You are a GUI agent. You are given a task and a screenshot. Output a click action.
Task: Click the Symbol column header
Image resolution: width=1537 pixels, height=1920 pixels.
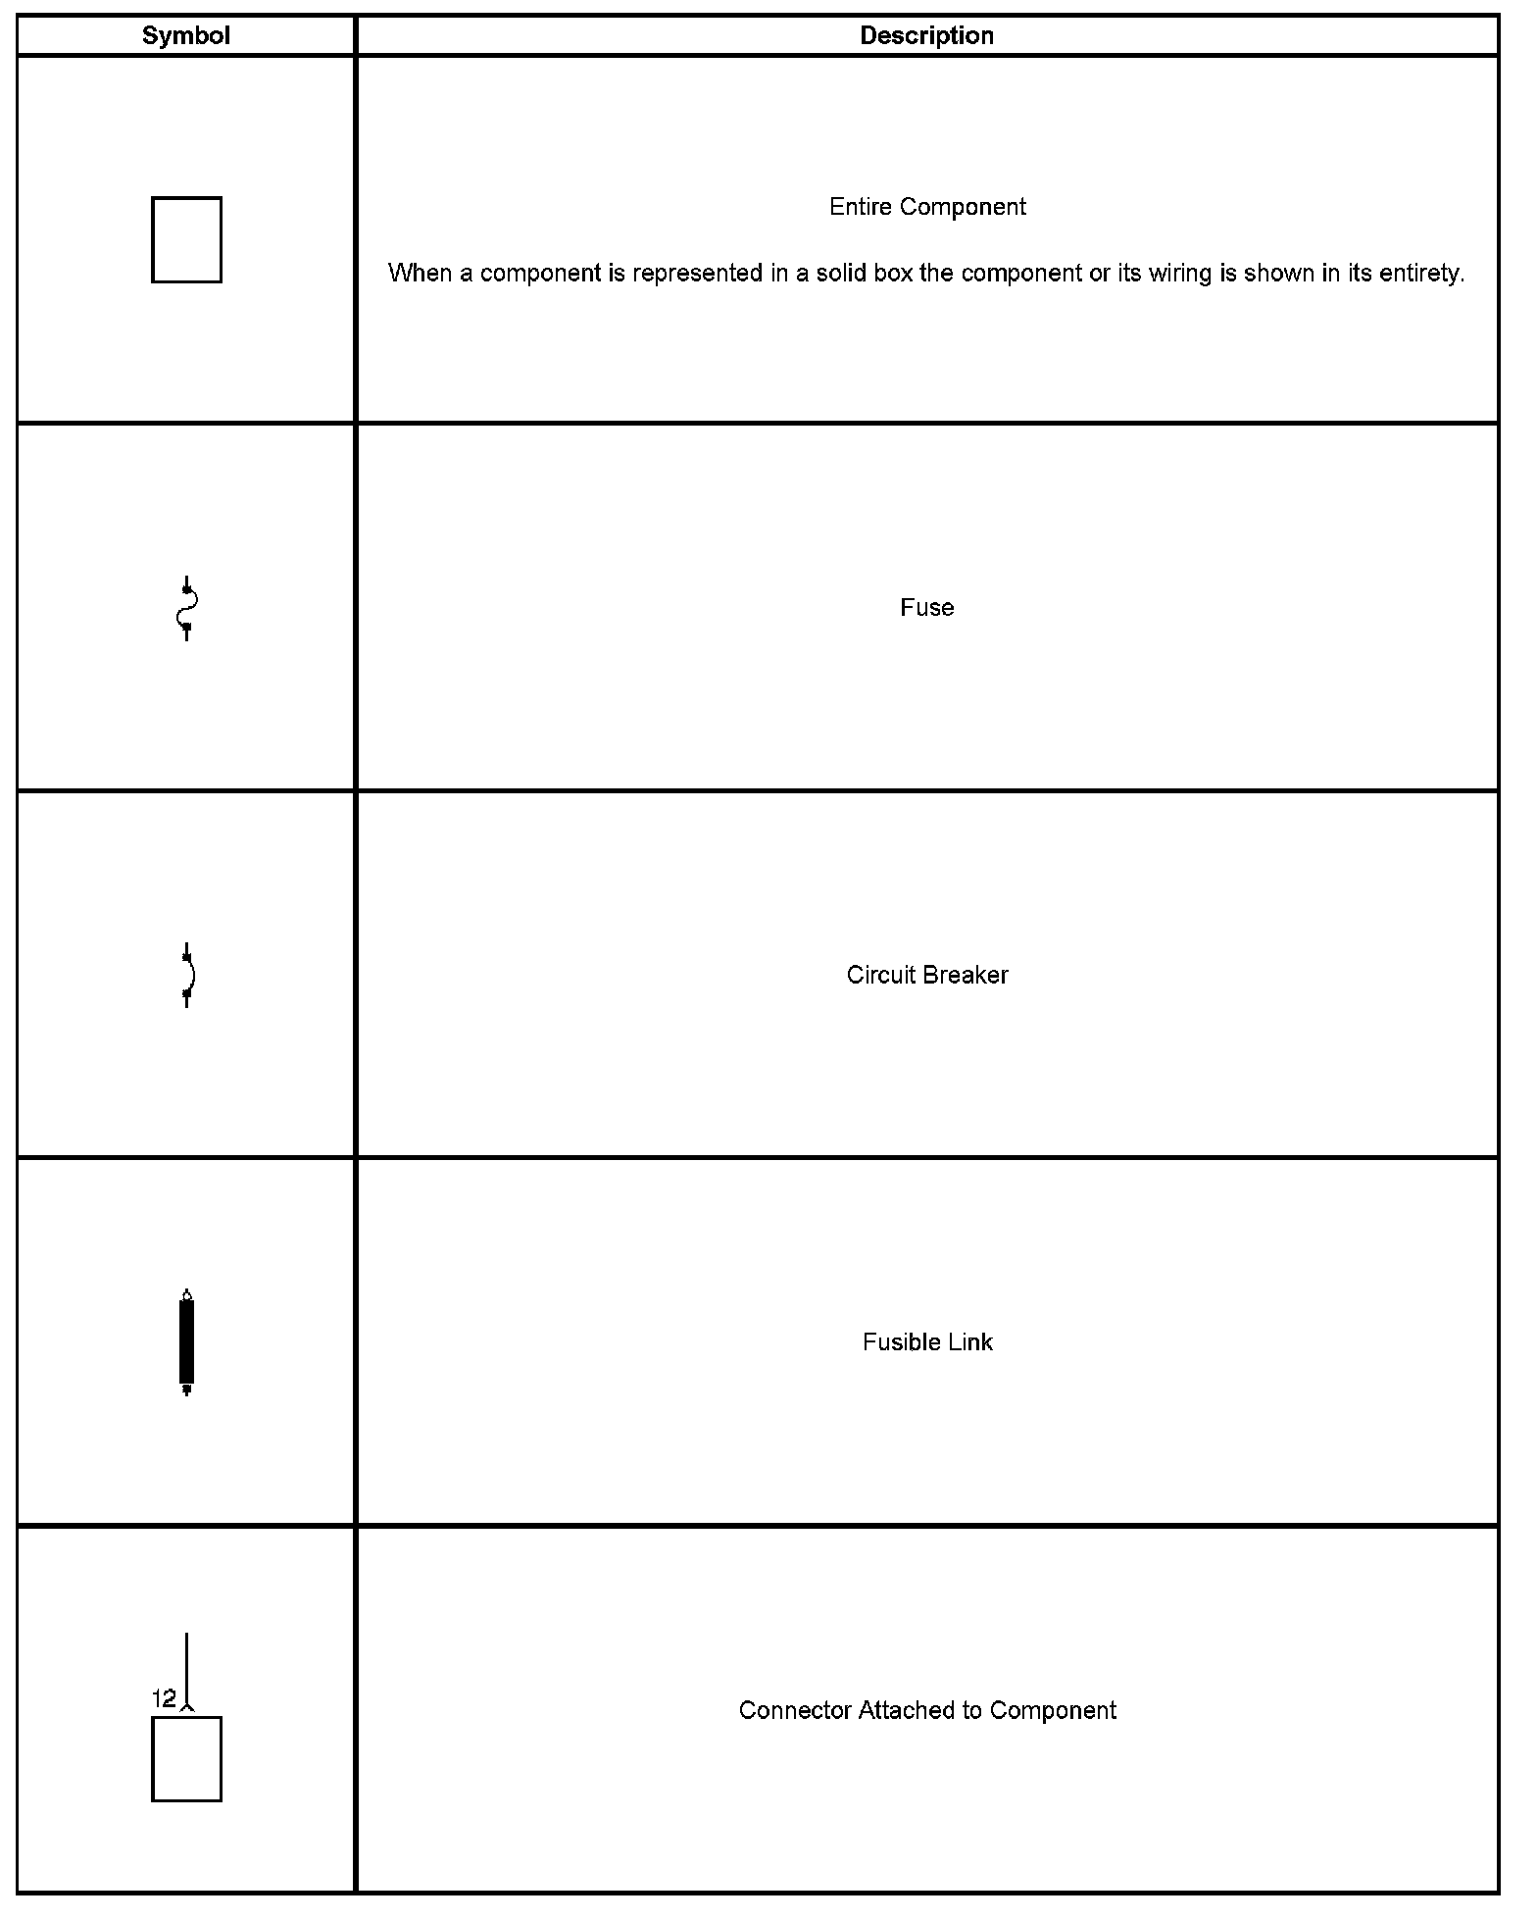[185, 36]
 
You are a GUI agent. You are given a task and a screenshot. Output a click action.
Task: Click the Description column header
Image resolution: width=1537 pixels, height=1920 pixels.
[926, 36]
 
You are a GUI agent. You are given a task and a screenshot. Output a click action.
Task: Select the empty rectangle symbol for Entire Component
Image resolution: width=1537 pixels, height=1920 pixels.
[186, 240]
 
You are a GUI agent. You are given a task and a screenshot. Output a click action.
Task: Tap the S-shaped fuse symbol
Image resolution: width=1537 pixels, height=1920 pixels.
[186, 608]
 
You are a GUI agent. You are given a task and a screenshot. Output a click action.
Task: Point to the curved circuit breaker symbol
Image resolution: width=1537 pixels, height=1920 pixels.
[187, 975]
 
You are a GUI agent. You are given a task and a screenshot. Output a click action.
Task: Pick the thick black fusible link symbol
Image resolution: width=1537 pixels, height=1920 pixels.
[186, 1341]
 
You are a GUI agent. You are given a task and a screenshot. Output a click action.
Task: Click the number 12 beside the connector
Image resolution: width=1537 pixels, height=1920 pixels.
[164, 1698]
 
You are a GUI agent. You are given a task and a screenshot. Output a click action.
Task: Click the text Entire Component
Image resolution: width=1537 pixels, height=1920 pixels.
[927, 207]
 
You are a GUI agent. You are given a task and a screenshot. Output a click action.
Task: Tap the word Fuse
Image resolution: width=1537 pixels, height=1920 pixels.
[926, 608]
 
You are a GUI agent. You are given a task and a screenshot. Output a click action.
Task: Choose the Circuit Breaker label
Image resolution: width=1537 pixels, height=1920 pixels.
[927, 975]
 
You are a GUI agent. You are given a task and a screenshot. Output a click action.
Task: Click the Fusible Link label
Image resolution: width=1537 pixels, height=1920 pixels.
[927, 1341]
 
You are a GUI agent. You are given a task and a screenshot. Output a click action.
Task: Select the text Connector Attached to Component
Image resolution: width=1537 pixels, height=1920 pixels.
[927, 1710]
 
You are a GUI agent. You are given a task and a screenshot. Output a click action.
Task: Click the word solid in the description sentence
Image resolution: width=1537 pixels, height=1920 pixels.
[842, 274]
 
